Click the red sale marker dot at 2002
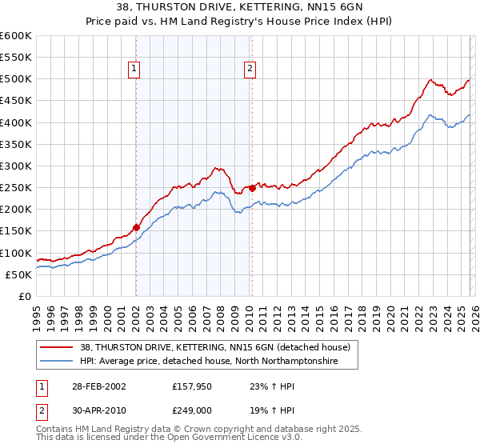[x=136, y=227]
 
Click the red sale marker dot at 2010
[x=251, y=188]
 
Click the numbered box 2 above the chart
[x=250, y=70]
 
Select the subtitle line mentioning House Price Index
[x=240, y=21]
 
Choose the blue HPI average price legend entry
[x=209, y=362]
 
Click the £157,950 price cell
[x=190, y=386]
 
